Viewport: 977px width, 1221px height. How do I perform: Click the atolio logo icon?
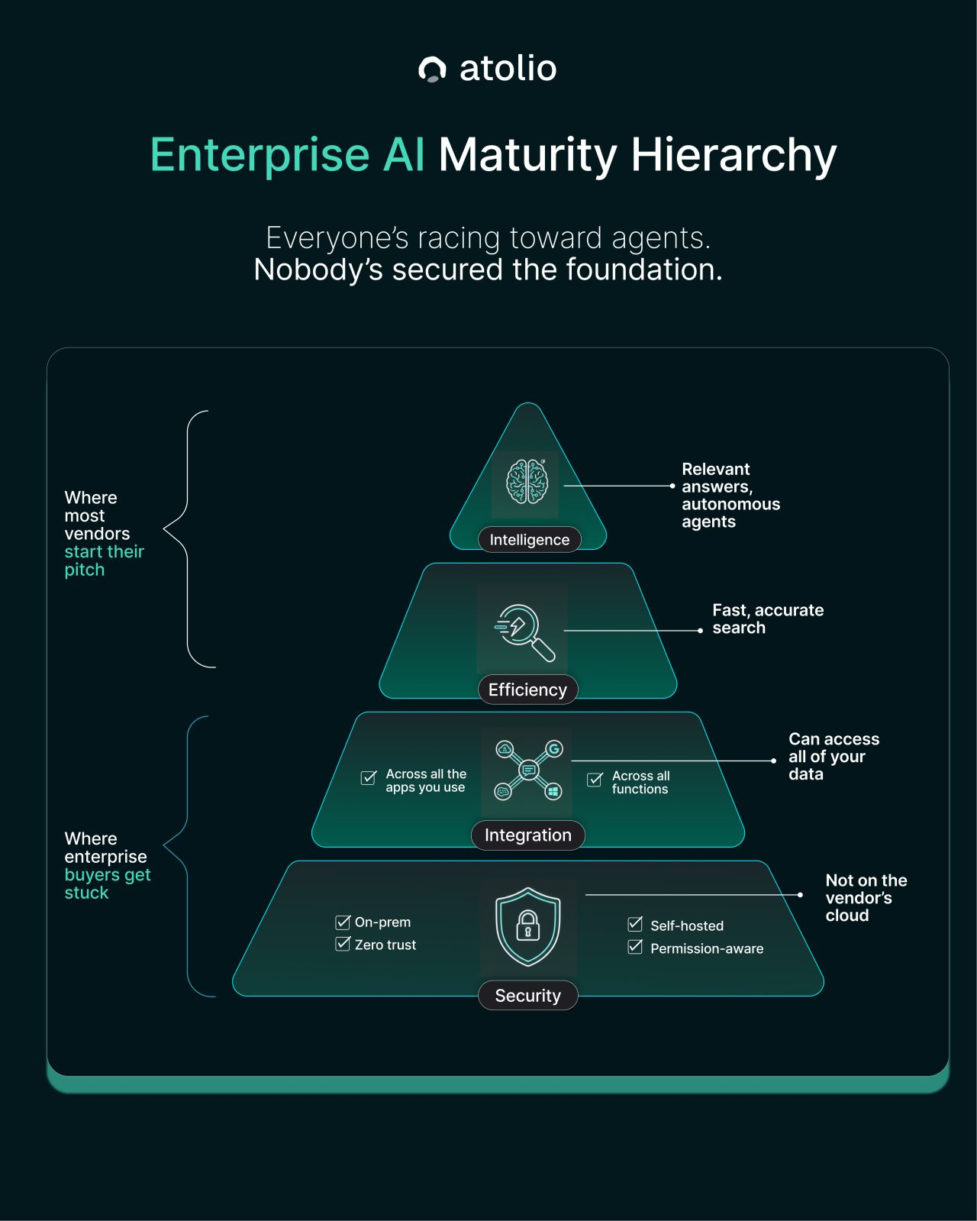[432, 69]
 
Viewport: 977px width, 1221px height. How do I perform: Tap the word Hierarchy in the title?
[734, 155]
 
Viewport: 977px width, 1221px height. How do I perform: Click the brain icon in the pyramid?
[527, 482]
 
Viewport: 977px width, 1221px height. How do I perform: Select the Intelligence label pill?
[529, 539]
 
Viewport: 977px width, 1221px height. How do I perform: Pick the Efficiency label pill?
[527, 690]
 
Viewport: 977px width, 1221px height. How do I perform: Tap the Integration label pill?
[527, 835]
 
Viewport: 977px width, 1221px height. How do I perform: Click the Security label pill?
[527, 995]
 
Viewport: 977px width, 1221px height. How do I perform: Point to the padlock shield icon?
[527, 926]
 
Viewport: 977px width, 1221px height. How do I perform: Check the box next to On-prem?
[343, 922]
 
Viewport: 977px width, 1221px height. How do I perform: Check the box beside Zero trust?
[343, 944]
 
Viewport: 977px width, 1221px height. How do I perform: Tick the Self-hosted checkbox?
[635, 925]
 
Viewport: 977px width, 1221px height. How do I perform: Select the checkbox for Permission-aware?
[635, 948]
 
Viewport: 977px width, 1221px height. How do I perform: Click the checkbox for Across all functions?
[595, 780]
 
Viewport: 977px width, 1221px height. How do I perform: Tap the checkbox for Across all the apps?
[369, 778]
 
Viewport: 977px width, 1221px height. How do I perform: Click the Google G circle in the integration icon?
[554, 748]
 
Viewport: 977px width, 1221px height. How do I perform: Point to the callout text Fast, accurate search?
[767, 619]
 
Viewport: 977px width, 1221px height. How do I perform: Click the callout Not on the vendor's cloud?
[866, 897]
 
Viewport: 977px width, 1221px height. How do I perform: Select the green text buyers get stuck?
[107, 883]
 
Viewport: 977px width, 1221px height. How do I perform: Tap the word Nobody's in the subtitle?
[318, 270]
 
